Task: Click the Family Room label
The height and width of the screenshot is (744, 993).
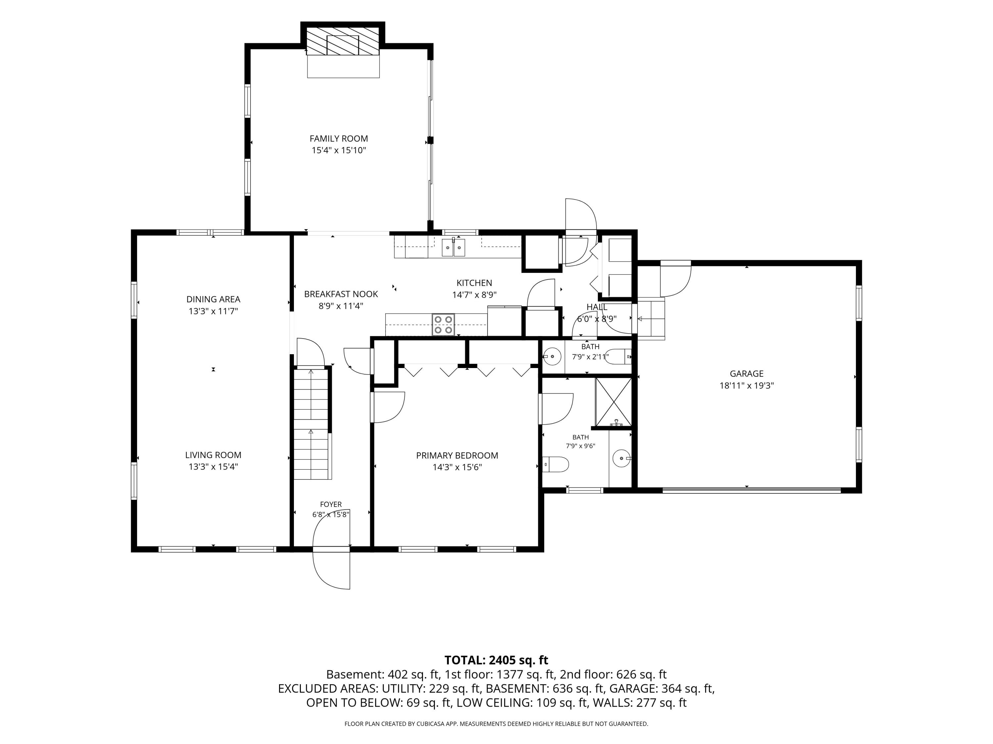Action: click(x=339, y=139)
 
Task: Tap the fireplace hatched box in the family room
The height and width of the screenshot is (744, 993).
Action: click(x=343, y=41)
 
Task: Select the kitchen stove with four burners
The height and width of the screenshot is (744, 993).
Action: click(x=443, y=324)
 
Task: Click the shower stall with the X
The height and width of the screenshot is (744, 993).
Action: click(x=613, y=402)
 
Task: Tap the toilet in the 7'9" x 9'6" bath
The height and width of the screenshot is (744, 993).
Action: click(x=555, y=464)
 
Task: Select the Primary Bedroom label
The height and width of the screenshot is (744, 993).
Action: click(x=457, y=455)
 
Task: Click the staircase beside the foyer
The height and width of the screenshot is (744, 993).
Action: click(x=311, y=424)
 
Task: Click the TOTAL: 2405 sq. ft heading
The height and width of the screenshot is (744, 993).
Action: click(x=496, y=660)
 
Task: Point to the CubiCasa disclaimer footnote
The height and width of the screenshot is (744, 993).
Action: click(x=496, y=723)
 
